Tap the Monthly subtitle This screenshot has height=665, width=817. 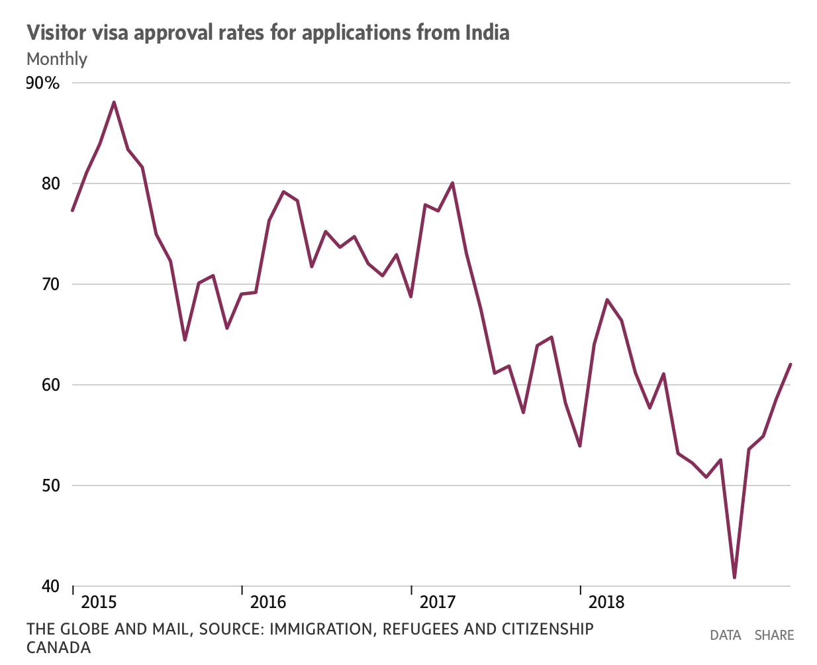(x=57, y=59)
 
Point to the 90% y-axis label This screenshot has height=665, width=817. (x=43, y=83)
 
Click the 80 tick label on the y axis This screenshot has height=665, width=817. (x=50, y=183)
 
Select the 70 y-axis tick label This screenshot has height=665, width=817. (x=50, y=284)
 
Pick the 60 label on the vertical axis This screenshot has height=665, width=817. (x=50, y=385)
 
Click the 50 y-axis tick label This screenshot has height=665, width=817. (x=50, y=486)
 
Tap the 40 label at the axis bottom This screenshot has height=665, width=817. (x=50, y=586)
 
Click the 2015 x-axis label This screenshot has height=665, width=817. (x=99, y=602)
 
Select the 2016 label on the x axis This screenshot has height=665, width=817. (x=268, y=602)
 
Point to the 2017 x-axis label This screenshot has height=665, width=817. (x=438, y=602)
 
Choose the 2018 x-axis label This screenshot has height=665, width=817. (x=606, y=602)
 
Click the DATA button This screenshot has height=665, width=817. (x=725, y=635)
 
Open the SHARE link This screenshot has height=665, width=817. (x=774, y=635)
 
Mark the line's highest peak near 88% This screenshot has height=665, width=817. (x=114, y=102)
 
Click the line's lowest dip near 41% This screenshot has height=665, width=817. (x=734, y=578)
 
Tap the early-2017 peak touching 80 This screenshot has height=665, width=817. (x=452, y=183)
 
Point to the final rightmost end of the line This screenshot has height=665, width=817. (x=791, y=364)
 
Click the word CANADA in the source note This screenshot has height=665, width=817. (x=58, y=647)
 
